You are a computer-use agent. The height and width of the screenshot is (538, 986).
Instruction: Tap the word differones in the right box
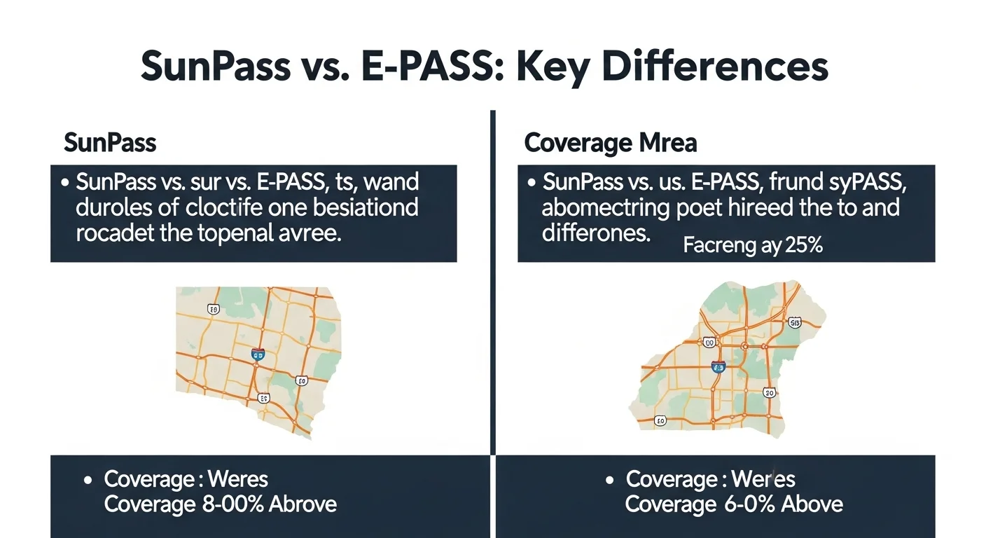tap(595, 233)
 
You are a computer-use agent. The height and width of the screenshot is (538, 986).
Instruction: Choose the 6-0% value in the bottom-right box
tap(742, 504)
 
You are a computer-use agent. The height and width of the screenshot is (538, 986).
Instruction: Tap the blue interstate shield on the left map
tap(258, 355)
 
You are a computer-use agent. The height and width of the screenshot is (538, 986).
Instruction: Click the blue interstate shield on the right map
tap(718, 366)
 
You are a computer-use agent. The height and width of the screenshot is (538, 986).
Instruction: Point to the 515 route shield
tap(793, 322)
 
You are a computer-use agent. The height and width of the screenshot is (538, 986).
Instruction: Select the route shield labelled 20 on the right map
tap(769, 393)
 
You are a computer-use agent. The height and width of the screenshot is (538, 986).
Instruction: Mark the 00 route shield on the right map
tap(709, 343)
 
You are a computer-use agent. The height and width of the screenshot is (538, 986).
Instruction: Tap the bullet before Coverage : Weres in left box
tap(88, 481)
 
